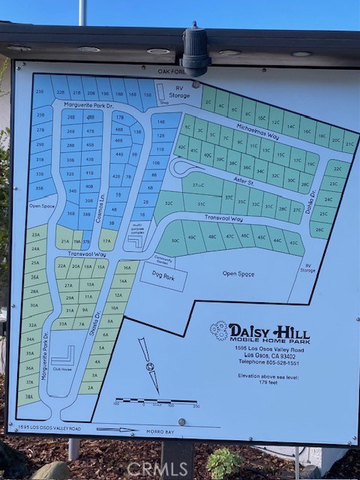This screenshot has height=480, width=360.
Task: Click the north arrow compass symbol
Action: [150, 366]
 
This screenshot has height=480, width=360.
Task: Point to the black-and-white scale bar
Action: [157, 401]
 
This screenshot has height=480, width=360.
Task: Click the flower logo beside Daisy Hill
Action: [219, 330]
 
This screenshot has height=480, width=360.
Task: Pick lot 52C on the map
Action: [169, 203]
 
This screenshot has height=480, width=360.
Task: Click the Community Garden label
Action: [163, 260]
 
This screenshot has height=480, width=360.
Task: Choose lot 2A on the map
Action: [90, 387]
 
